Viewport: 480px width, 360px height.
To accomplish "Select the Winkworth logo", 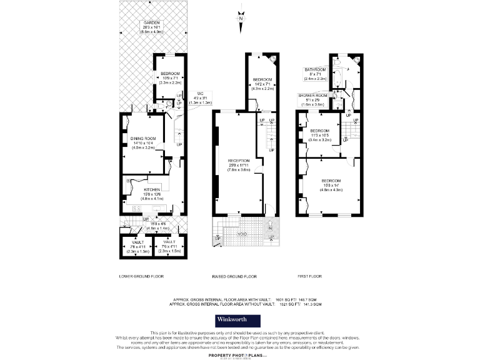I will click(240, 319).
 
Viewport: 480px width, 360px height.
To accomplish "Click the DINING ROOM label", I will click(142, 139).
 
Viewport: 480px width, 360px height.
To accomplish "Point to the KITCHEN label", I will click(152, 189).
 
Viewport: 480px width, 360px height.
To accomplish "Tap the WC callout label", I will click(200, 93).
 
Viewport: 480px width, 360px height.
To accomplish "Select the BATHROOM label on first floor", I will click(315, 69).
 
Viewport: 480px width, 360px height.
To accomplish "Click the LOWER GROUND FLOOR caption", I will click(141, 276).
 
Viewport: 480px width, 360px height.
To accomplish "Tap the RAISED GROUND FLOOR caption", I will click(235, 276).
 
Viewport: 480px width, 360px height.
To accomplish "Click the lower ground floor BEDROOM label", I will click(170, 74).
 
